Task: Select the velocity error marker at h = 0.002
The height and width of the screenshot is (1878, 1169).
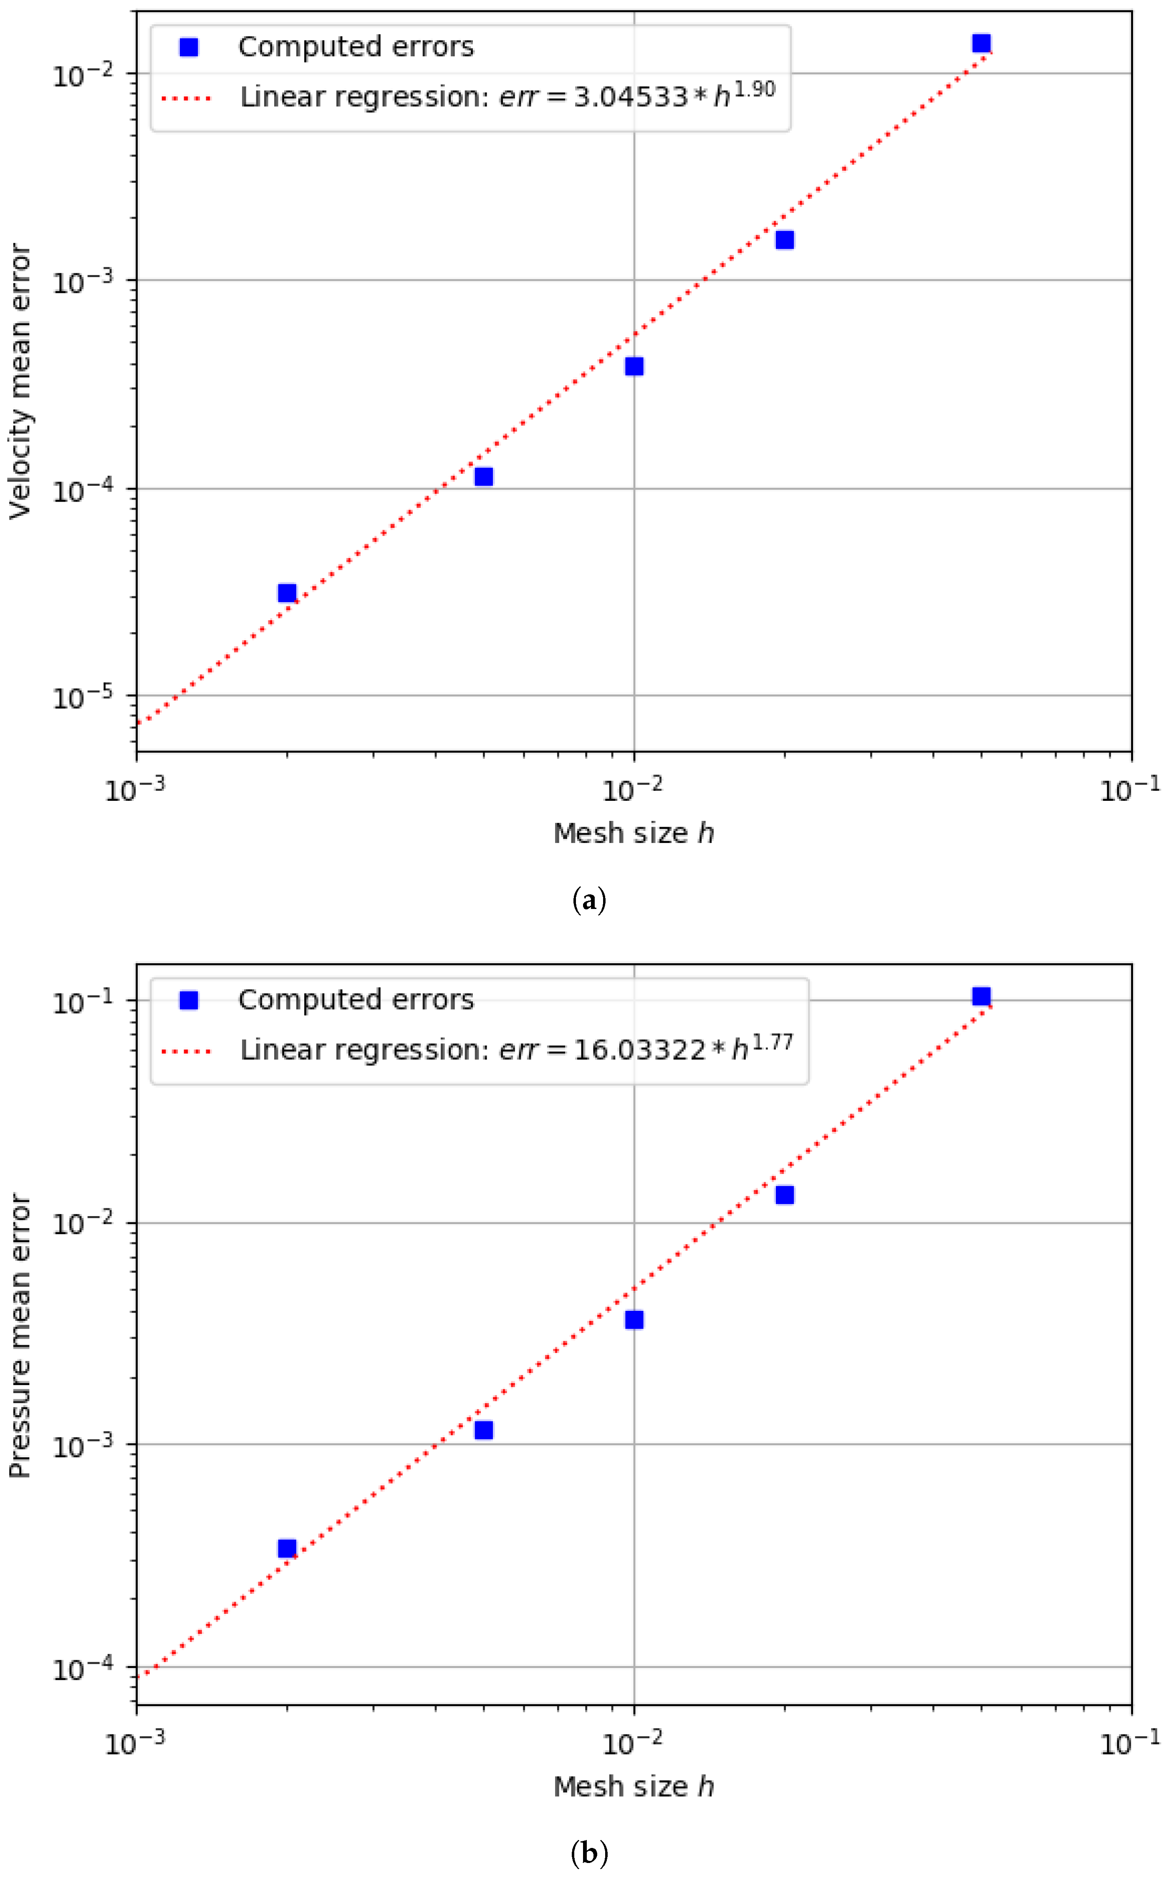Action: [287, 593]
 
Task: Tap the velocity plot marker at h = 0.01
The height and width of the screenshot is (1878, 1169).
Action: [634, 366]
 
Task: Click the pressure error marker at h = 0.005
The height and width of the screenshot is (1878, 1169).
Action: [483, 1429]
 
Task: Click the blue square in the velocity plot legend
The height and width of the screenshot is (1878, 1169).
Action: [189, 47]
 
